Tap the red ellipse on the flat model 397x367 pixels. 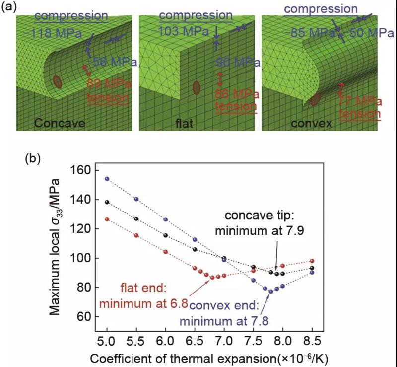(197, 88)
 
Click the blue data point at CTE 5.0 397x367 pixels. (107, 179)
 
